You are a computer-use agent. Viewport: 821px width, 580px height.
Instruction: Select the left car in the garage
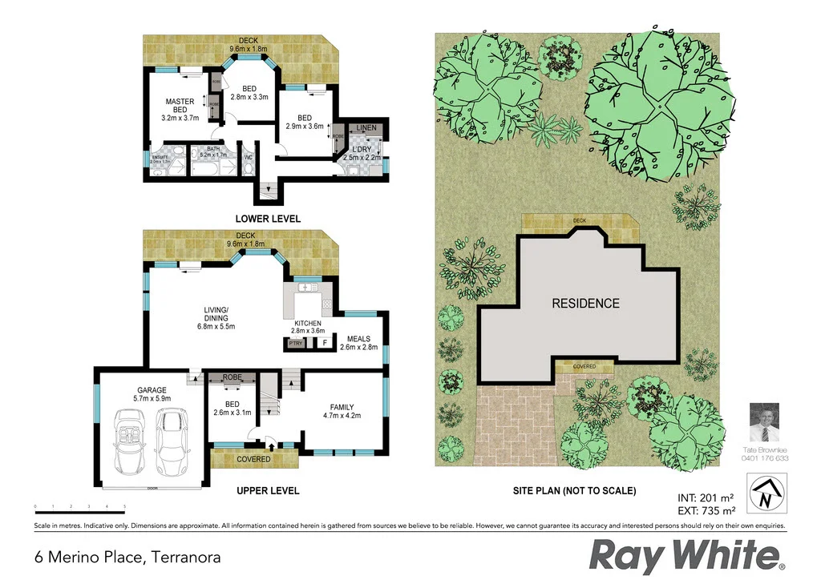(130, 441)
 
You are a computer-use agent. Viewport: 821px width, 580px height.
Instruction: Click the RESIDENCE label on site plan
(584, 304)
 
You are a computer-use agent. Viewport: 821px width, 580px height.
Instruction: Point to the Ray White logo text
(686, 555)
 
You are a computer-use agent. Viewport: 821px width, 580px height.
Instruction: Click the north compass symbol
(765, 493)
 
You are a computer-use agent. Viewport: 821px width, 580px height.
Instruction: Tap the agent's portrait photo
(765, 423)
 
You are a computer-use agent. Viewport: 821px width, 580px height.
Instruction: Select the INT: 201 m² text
(706, 497)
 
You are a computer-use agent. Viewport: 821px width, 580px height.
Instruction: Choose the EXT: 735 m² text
(706, 510)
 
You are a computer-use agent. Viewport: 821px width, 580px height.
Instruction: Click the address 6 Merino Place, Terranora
(127, 556)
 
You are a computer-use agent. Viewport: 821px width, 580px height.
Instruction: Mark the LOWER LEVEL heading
(268, 219)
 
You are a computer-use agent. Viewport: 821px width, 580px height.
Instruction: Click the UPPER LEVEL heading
(268, 490)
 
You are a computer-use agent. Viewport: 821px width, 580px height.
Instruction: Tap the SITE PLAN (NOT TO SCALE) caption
(574, 490)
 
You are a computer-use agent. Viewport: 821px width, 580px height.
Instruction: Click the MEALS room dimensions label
(358, 347)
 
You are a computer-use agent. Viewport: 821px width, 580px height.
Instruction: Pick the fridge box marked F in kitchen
(325, 343)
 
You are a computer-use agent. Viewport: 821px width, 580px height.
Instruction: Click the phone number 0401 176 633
(766, 458)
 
